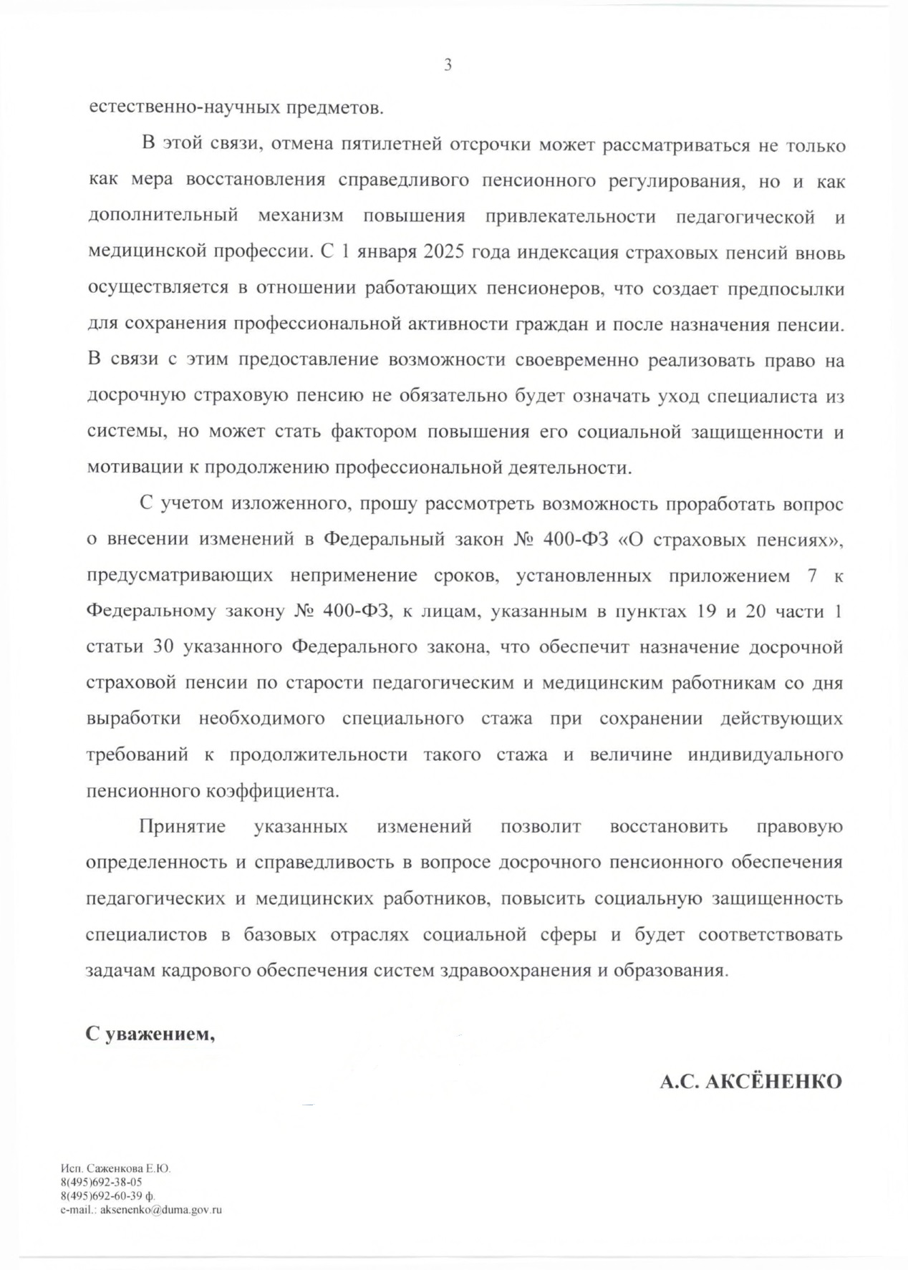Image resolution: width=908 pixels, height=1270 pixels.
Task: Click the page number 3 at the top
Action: coord(448,65)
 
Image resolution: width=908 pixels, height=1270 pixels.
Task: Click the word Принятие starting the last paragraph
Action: coord(182,827)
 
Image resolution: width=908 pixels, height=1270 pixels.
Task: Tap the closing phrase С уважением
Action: coord(150,1034)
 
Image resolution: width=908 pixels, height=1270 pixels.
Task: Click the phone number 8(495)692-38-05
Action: coord(101,1183)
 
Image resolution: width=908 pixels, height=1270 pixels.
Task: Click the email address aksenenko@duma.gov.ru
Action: coord(160,1210)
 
